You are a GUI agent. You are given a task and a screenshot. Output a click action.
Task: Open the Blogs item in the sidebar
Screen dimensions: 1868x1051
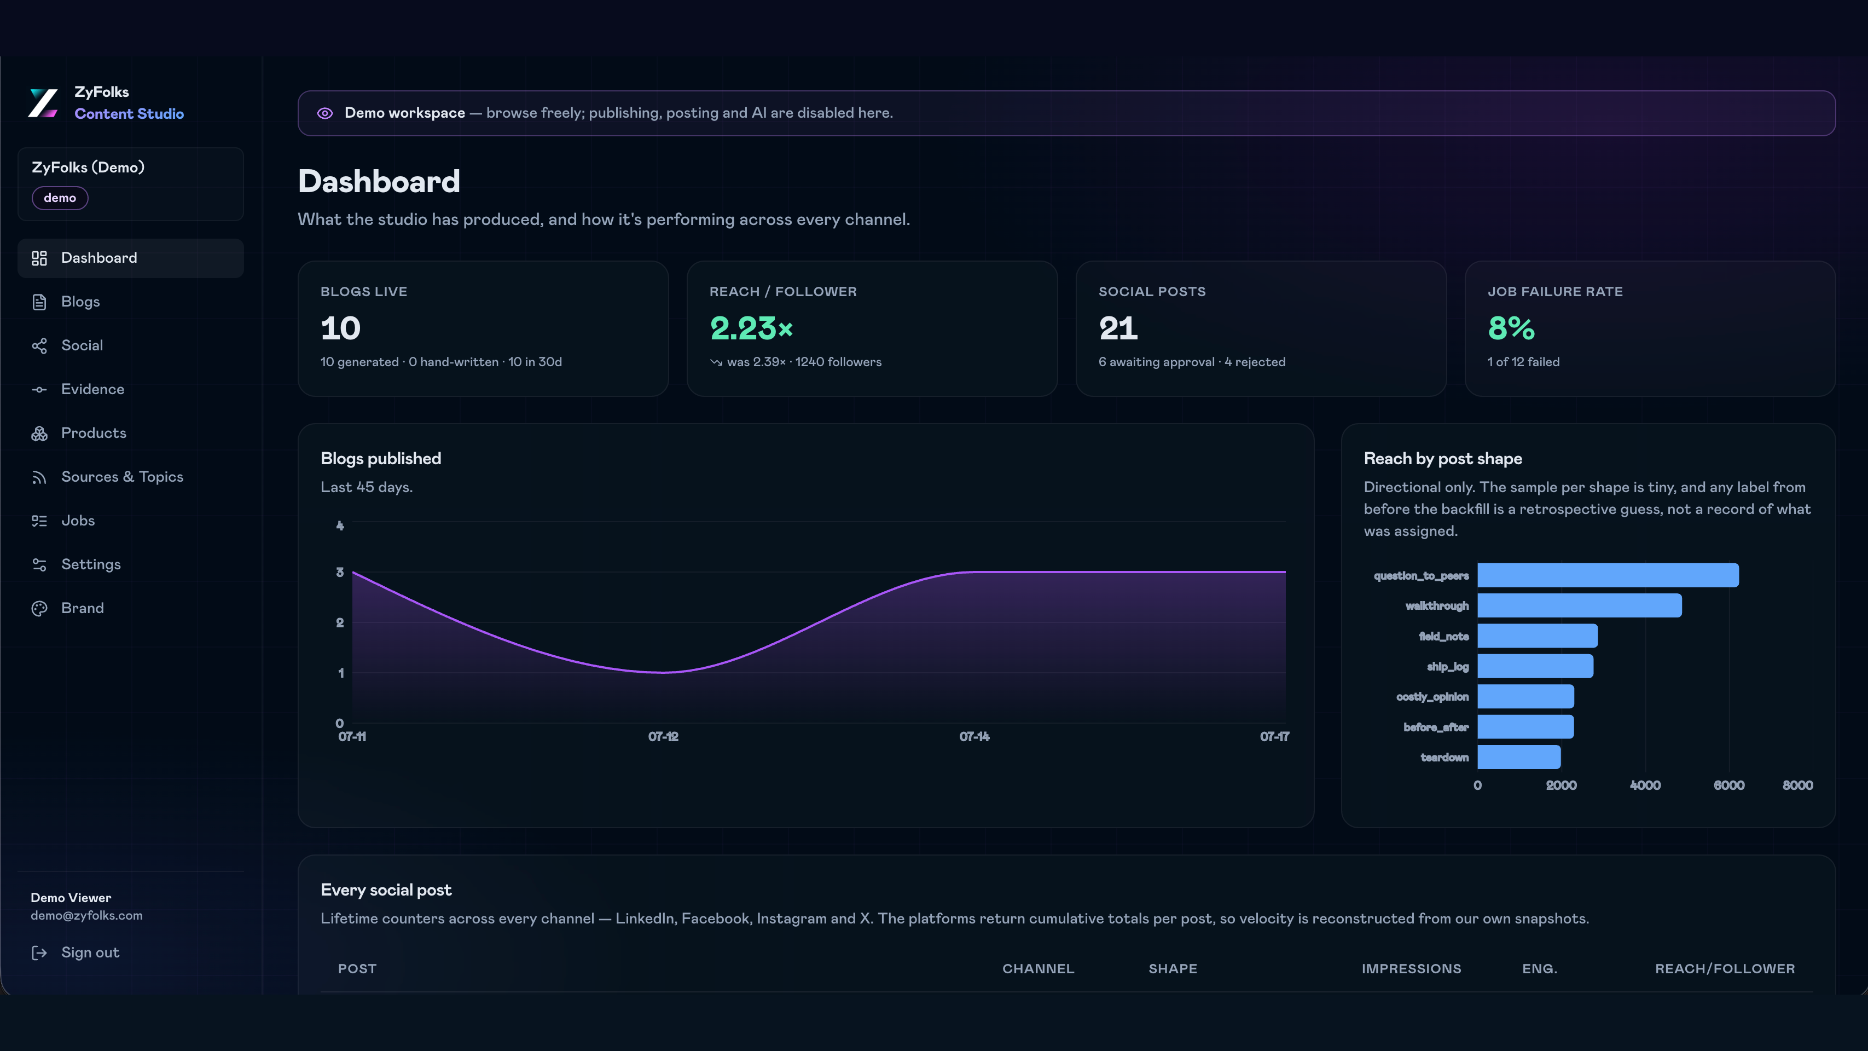click(x=80, y=302)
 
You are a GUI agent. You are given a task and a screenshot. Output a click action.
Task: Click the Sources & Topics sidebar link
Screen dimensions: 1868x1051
click(x=122, y=477)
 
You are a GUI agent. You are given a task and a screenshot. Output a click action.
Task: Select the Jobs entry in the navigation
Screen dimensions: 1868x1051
click(x=78, y=521)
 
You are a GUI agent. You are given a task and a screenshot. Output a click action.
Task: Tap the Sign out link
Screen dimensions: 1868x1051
click(x=90, y=952)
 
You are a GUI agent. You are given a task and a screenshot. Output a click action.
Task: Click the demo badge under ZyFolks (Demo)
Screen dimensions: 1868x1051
click(x=60, y=198)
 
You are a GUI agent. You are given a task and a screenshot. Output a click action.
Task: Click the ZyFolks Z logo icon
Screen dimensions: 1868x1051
click(x=43, y=103)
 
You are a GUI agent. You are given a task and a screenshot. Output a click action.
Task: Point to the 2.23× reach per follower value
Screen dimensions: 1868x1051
click(x=751, y=328)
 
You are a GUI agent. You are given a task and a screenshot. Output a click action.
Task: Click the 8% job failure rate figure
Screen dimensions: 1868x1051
click(x=1511, y=328)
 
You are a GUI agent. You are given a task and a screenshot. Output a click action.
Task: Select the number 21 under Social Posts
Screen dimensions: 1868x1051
click(x=1118, y=328)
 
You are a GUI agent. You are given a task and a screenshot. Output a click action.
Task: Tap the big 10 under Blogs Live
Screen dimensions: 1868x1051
click(x=340, y=328)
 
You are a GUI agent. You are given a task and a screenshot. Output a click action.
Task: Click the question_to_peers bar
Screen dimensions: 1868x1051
click(x=1608, y=575)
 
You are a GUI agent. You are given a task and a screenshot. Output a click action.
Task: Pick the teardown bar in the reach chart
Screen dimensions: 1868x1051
click(x=1519, y=757)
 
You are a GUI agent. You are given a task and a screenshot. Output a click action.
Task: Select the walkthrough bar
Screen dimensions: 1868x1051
click(x=1580, y=605)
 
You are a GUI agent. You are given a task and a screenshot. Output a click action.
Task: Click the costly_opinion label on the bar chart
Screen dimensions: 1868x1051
click(x=1432, y=697)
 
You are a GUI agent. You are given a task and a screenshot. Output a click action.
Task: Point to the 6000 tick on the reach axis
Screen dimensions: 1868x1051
click(x=1729, y=786)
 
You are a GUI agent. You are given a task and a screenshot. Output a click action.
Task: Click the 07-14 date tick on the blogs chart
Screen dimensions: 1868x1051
click(x=974, y=737)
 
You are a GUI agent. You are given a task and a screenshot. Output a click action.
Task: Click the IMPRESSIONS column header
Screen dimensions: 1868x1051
click(x=1411, y=969)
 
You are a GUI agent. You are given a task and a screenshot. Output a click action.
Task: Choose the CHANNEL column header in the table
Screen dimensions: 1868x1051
click(x=1038, y=969)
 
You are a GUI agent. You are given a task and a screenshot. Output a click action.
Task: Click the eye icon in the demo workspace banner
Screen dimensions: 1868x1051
click(x=325, y=113)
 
